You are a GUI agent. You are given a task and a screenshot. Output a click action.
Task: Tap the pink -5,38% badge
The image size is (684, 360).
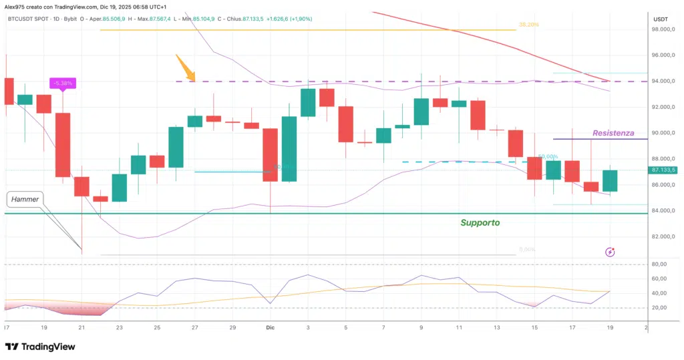coord(63,83)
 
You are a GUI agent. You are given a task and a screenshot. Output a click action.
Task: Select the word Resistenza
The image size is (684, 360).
coord(613,133)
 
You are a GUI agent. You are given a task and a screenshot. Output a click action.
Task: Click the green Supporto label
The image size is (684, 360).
coord(480,222)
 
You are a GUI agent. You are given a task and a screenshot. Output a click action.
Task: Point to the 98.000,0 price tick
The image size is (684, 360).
coord(665,29)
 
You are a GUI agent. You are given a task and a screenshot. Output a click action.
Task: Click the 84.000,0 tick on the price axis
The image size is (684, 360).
coord(665,211)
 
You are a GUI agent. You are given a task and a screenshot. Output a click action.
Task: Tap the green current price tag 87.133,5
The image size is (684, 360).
coord(664,170)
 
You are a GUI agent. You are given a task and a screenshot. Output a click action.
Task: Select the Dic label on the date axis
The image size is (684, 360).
coord(271,328)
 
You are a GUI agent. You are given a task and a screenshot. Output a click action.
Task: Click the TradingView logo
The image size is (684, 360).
coord(40,347)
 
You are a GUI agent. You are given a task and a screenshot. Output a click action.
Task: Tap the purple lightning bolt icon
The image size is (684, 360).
coord(610,252)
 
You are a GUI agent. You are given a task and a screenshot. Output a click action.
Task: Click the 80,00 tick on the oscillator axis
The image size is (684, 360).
coord(661,264)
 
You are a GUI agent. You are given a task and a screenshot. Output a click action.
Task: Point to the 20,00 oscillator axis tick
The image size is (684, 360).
coord(661,308)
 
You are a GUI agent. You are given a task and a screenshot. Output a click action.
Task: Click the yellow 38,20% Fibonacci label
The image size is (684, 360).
coord(528,25)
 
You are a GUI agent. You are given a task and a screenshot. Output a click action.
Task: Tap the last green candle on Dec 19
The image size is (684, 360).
coord(610,180)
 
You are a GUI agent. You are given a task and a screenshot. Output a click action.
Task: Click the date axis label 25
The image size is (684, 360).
coord(156,328)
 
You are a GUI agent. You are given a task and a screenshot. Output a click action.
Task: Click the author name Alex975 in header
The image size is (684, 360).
coord(15,6)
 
